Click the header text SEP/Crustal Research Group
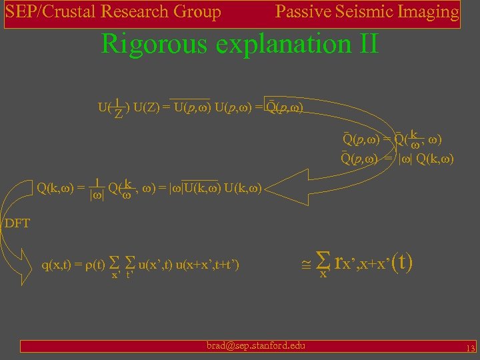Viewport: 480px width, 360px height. coord(113,12)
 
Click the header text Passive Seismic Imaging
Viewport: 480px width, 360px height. coord(367,12)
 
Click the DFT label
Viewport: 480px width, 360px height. coord(17,223)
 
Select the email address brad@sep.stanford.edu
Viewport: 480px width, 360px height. coord(255,345)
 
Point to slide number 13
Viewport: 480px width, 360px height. coord(469,349)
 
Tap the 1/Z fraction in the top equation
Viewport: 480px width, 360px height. coord(118,108)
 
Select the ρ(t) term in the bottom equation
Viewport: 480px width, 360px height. coord(94,265)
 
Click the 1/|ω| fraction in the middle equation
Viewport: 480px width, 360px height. coord(97,189)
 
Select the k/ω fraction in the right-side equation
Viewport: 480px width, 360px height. coord(414,138)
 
